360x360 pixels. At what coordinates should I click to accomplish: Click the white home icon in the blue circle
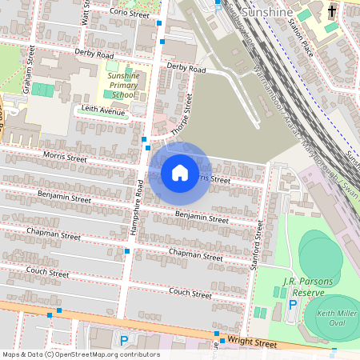(x=180, y=173)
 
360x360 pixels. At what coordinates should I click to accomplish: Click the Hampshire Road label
(x=138, y=206)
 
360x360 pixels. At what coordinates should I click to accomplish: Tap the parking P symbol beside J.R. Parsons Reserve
(x=293, y=305)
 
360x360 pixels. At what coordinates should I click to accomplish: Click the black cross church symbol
(x=332, y=11)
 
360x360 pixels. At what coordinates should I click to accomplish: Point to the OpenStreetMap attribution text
(x=80, y=354)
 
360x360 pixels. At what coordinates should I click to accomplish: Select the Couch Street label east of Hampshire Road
(x=190, y=294)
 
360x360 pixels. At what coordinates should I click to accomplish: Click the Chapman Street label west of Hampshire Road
(x=54, y=236)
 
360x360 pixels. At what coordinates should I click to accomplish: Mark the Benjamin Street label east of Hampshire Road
(x=202, y=217)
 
